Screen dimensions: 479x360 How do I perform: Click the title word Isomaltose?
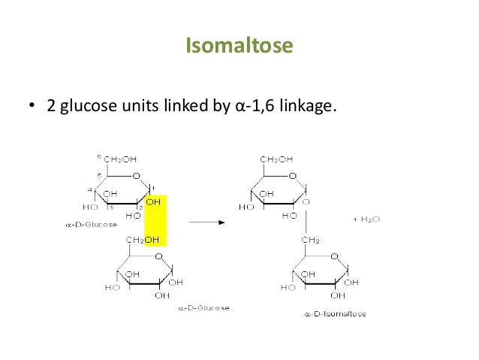pos(239,47)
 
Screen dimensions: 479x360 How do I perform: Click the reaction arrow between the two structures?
pos(206,222)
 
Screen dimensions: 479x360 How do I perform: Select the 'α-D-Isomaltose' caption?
pos(336,313)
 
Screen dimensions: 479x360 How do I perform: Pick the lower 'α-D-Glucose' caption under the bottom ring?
pos(203,307)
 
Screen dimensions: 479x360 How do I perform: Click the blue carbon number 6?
pos(99,156)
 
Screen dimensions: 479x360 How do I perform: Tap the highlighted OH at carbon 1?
pos(154,201)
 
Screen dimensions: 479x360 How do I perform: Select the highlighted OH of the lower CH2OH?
pos(153,240)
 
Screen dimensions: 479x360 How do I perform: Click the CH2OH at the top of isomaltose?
pos(277,159)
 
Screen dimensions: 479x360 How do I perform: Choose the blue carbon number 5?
pos(99,174)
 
